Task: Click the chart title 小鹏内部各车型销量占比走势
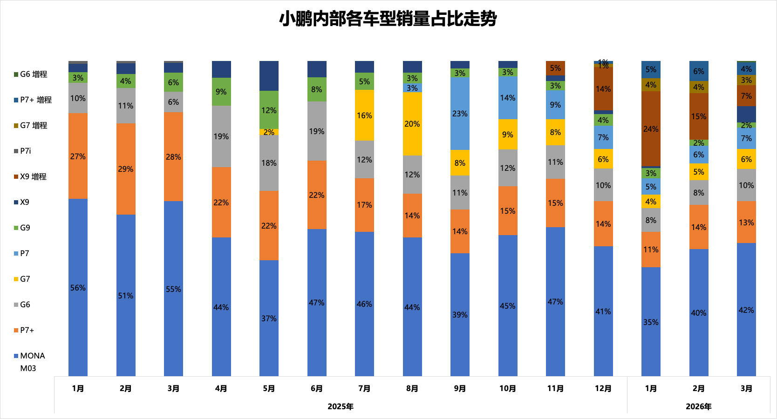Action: pyautogui.click(x=388, y=19)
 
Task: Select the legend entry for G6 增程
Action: pyautogui.click(x=33, y=74)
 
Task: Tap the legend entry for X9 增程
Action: pyautogui.click(x=33, y=177)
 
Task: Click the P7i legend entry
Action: pyautogui.click(x=25, y=151)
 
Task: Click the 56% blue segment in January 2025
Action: pyautogui.click(x=78, y=287)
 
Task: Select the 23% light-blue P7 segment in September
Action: pyautogui.click(x=460, y=113)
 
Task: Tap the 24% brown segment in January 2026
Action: pyautogui.click(x=651, y=128)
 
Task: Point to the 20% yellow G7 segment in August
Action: pyautogui.click(x=412, y=124)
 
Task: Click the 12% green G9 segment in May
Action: pyautogui.click(x=269, y=110)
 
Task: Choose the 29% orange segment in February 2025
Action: pyautogui.click(x=126, y=169)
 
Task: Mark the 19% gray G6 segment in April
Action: pyautogui.click(x=221, y=136)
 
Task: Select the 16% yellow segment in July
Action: pyautogui.click(x=364, y=115)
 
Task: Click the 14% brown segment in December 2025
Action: pyautogui.click(x=603, y=89)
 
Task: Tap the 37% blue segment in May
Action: pyautogui.click(x=269, y=318)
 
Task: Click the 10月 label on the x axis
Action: pyautogui.click(x=508, y=388)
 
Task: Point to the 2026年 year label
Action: pyautogui.click(x=698, y=406)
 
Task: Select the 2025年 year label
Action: pyautogui.click(x=341, y=406)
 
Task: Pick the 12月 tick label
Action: pyautogui.click(x=603, y=388)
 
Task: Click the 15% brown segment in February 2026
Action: pyautogui.click(x=699, y=116)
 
